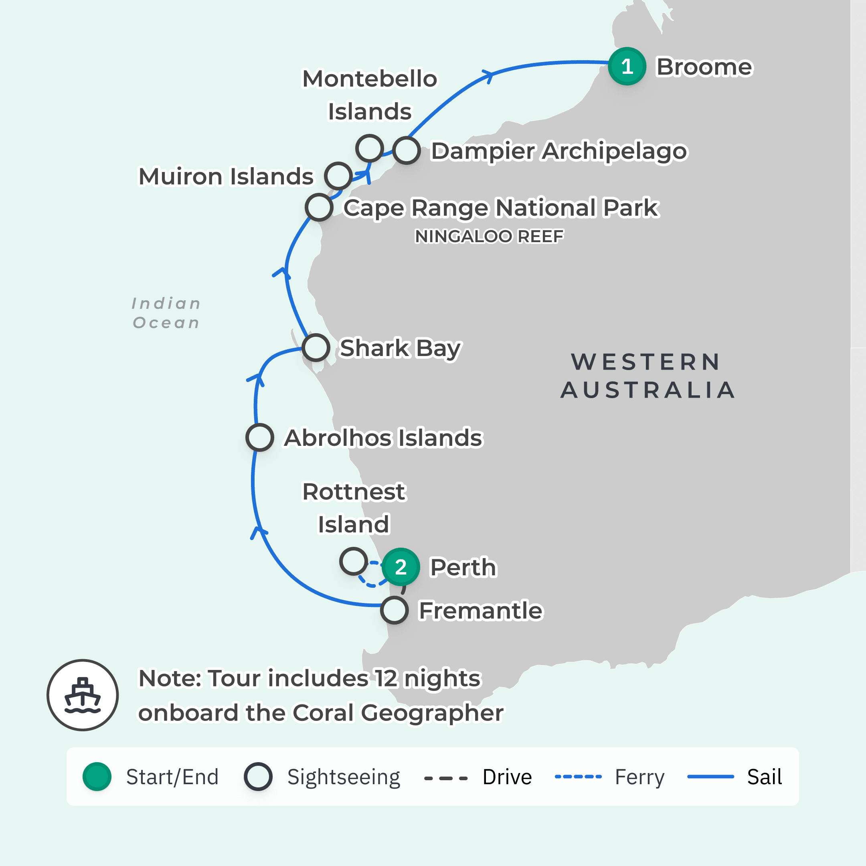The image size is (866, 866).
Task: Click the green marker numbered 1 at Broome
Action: point(627,66)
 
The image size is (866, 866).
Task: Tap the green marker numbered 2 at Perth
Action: point(401,567)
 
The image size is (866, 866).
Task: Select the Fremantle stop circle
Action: point(394,610)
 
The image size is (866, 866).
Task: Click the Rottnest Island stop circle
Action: point(354,561)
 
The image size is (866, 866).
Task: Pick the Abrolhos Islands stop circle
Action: point(260,437)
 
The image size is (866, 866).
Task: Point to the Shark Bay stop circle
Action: point(316,347)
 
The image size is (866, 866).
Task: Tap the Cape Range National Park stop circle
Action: point(319,207)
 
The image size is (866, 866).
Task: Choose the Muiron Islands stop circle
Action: point(338,176)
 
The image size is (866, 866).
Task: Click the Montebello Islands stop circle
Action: point(369,148)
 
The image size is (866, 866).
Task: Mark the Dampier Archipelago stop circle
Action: point(407,151)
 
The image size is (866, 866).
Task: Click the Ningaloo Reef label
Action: point(489,236)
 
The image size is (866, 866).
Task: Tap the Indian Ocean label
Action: point(166,313)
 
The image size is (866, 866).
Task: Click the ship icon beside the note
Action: point(83,695)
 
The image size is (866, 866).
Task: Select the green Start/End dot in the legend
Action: point(97,776)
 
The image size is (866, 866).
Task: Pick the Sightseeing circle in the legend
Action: point(258,776)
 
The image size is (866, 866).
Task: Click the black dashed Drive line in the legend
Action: point(445,778)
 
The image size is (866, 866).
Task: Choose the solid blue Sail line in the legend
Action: point(710,776)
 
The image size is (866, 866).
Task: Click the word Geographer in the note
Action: point(432,713)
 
